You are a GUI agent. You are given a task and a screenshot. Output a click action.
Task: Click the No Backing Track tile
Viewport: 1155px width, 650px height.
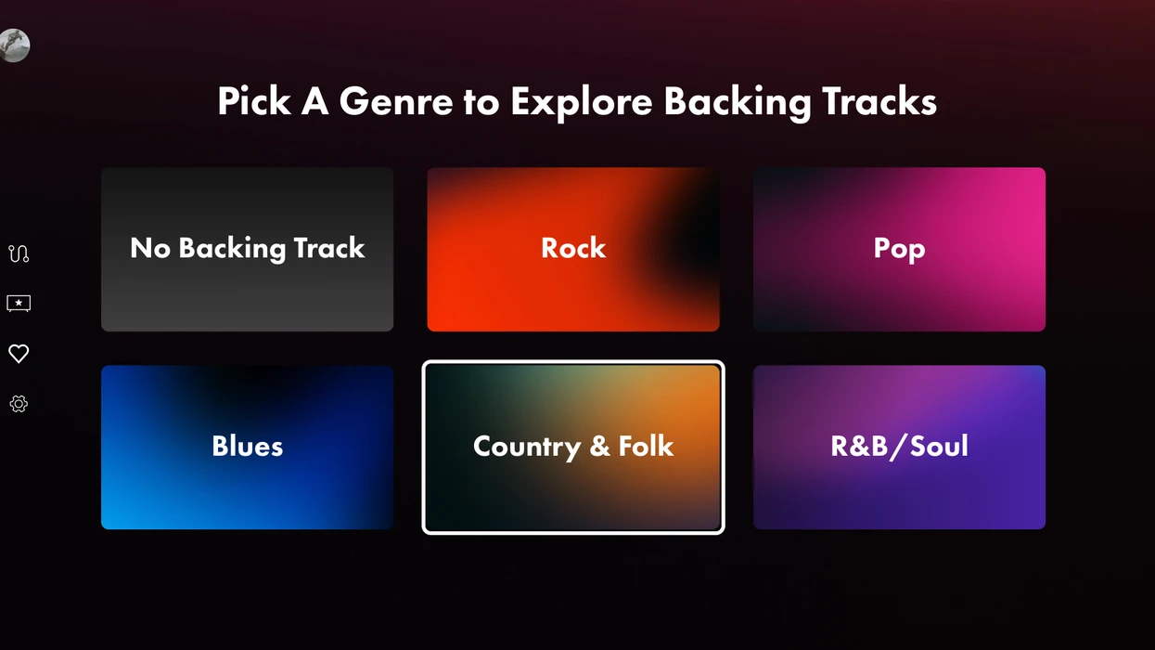click(247, 249)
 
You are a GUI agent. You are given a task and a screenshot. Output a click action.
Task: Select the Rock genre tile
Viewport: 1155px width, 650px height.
click(572, 249)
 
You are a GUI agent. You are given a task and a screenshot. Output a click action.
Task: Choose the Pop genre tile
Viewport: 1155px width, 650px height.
click(899, 249)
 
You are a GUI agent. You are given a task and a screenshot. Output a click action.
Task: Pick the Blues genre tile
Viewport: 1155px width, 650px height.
click(247, 447)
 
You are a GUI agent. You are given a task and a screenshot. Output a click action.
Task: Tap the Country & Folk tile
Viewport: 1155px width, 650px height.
click(572, 447)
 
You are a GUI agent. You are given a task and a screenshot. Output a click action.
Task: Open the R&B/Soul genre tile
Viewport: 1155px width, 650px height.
click(899, 447)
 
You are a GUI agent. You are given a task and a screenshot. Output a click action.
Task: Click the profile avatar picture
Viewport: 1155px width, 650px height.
click(14, 45)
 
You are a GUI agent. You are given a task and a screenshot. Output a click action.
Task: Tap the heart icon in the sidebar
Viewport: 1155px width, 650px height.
click(19, 354)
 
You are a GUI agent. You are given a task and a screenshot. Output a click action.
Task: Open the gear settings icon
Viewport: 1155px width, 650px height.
click(19, 404)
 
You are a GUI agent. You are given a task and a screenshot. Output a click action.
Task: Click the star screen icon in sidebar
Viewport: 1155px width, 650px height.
click(19, 303)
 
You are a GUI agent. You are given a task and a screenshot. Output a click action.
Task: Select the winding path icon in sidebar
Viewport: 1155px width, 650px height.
click(19, 253)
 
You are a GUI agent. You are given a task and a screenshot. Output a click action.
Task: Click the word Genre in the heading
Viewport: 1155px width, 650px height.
click(396, 101)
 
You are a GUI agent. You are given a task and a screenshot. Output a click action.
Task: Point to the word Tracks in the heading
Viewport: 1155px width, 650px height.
click(879, 101)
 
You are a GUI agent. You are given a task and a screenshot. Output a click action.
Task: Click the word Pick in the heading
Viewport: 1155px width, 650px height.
click(253, 101)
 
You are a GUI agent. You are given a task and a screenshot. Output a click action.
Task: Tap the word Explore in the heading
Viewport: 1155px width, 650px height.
click(582, 102)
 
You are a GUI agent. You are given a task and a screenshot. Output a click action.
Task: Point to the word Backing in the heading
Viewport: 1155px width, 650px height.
click(738, 102)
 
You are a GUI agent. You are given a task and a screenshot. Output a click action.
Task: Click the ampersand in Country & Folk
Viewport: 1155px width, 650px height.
click(600, 446)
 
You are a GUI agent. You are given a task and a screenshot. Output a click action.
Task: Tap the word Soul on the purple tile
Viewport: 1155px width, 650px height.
click(939, 446)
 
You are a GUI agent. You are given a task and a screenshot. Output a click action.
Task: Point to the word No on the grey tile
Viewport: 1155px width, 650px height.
click(150, 248)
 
